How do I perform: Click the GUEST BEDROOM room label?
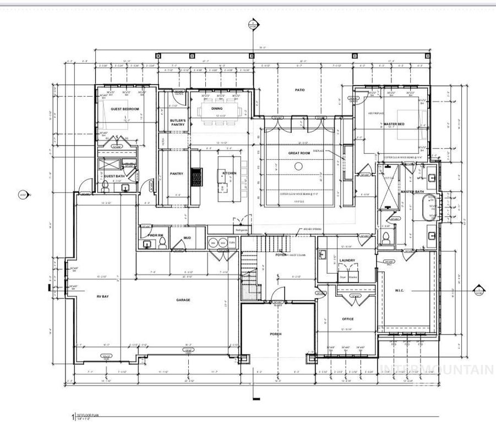[x=124, y=109]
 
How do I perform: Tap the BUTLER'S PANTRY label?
[x=177, y=122]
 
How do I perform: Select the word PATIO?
[x=299, y=90]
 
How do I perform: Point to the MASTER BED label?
[x=394, y=125]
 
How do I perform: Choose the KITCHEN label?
[x=229, y=173]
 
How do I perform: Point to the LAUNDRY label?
[x=347, y=260]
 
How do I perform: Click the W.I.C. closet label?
[x=400, y=290]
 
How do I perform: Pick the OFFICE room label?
[x=347, y=319]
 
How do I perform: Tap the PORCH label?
[x=275, y=334]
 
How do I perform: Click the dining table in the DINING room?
[x=221, y=108]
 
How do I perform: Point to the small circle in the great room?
[x=299, y=166]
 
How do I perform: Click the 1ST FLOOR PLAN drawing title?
[x=88, y=415]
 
